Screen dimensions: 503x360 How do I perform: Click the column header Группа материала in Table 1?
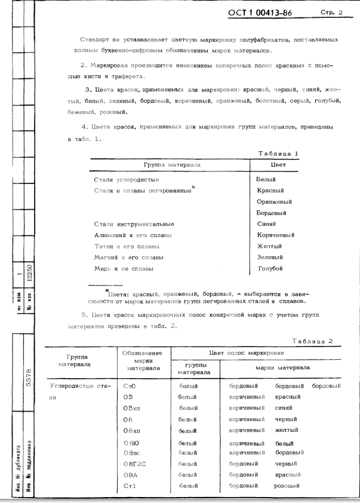tap(172, 164)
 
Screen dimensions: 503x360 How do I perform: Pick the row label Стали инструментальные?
tap(134, 224)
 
